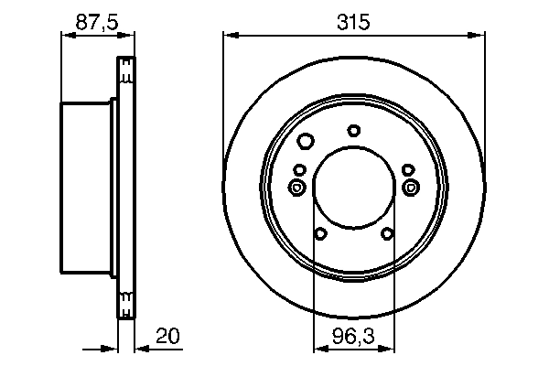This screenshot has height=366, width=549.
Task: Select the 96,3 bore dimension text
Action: click(353, 337)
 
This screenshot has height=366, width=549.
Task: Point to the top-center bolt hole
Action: click(353, 130)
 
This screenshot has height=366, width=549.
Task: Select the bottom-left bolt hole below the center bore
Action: click(320, 234)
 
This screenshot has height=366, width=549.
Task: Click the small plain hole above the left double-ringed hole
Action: click(299, 169)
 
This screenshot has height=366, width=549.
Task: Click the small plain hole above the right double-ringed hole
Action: click(407, 169)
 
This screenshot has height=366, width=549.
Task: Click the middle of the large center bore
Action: click(353, 189)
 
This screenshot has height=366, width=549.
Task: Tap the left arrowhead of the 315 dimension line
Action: click(230, 36)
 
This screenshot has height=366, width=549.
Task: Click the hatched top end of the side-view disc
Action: click(126, 69)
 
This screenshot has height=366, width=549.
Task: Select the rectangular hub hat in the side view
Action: click(87, 189)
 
